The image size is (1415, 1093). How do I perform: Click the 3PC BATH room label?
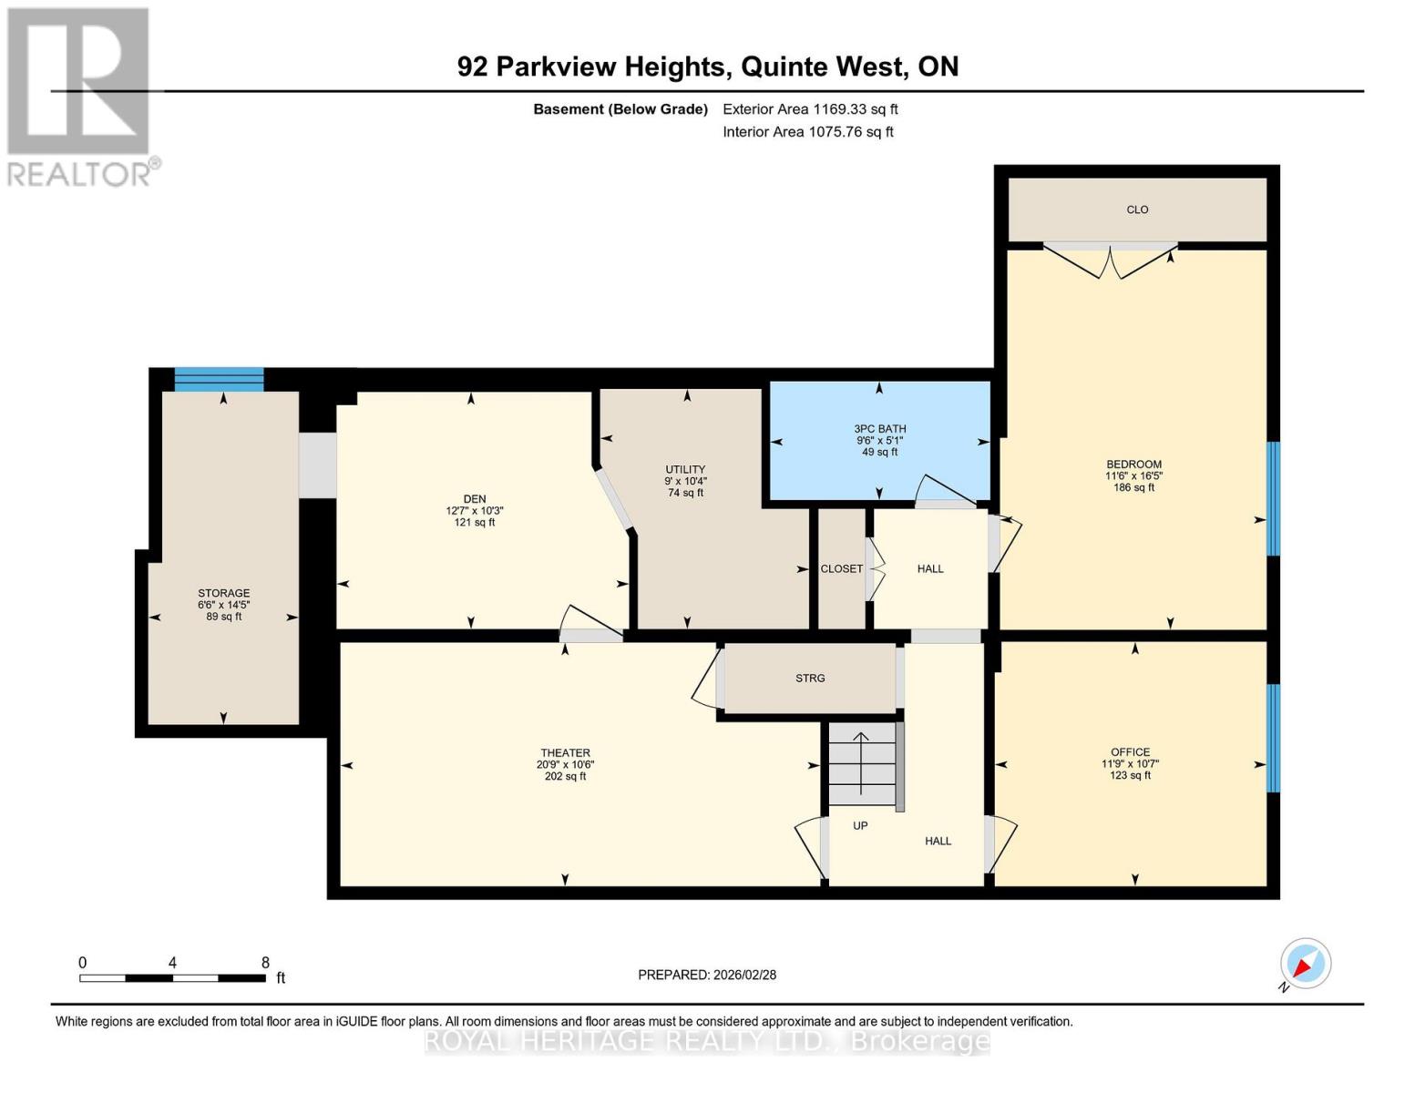point(879,429)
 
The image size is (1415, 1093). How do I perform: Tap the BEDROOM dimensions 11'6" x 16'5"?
point(1133,475)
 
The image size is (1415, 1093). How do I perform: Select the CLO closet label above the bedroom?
point(1137,209)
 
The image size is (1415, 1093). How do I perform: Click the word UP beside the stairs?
point(860,826)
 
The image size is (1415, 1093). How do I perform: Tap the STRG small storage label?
point(810,679)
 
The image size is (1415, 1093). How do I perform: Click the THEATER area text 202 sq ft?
point(565,777)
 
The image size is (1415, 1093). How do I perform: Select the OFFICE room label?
point(1130,752)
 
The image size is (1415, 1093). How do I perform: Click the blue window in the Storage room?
point(219,380)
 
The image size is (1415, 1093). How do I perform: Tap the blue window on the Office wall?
point(1274,738)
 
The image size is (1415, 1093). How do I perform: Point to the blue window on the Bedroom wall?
point(1274,498)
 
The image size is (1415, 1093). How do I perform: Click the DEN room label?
point(475,499)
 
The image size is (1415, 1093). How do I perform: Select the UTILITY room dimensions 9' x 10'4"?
point(685,481)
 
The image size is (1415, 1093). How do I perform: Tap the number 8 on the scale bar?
point(265,963)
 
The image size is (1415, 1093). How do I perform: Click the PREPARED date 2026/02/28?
point(744,975)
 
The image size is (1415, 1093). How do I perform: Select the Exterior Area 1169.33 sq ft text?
point(810,109)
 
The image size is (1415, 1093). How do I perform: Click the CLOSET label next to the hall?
point(841,568)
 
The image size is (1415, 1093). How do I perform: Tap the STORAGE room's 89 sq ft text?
point(224,617)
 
